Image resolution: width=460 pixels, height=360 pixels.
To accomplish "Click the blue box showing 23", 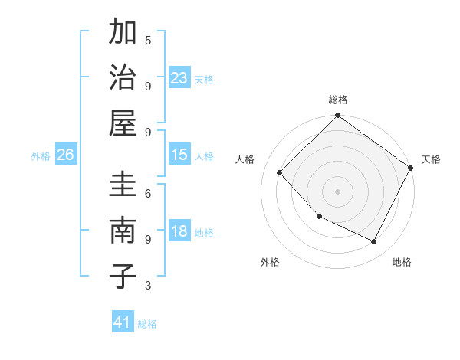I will (179, 78).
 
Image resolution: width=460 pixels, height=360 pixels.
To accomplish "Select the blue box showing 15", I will (179, 155).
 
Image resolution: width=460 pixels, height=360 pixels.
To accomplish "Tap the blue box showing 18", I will (179, 232).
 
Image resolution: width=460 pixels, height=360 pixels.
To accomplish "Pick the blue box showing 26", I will (66, 155).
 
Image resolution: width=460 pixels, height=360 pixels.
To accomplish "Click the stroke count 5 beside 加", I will (148, 40).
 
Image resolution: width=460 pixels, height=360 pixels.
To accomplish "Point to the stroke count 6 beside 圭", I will (148, 194).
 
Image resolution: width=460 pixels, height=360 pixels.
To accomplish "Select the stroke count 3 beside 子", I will (148, 286).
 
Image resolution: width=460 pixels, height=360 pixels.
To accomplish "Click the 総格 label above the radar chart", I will (338, 100).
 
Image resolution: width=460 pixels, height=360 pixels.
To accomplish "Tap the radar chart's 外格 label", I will (270, 263).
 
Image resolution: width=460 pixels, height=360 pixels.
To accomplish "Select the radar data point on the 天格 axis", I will (411, 169).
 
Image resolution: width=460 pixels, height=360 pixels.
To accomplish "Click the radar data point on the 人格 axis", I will (280, 172).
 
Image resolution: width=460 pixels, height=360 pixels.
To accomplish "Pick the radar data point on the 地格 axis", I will (374, 242).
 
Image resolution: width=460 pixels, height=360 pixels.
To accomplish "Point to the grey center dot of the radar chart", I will (337, 191).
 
